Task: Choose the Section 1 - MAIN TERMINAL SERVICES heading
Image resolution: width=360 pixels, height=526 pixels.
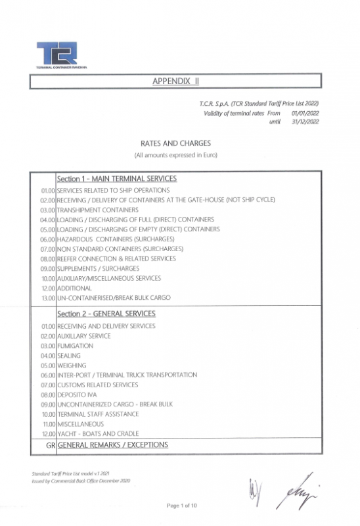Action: pos(116,179)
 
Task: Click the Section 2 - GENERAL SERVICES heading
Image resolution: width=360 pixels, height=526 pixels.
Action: pos(106,314)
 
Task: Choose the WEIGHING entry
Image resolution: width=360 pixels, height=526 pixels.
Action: pos(72,365)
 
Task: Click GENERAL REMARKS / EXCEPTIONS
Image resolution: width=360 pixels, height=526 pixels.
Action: pos(112,445)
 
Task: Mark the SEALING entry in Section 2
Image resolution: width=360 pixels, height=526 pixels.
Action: pos(70,355)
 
